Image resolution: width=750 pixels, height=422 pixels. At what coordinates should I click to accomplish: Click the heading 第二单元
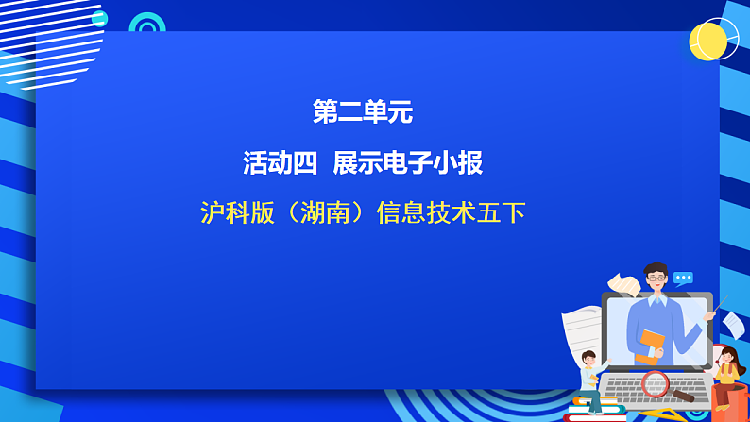click(363, 113)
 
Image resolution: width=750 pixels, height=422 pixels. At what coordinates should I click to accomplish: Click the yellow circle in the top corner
click(708, 41)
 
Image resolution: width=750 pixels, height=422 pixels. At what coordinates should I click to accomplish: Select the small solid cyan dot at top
click(99, 19)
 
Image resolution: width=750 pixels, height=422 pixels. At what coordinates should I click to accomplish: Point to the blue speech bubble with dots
click(683, 278)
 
